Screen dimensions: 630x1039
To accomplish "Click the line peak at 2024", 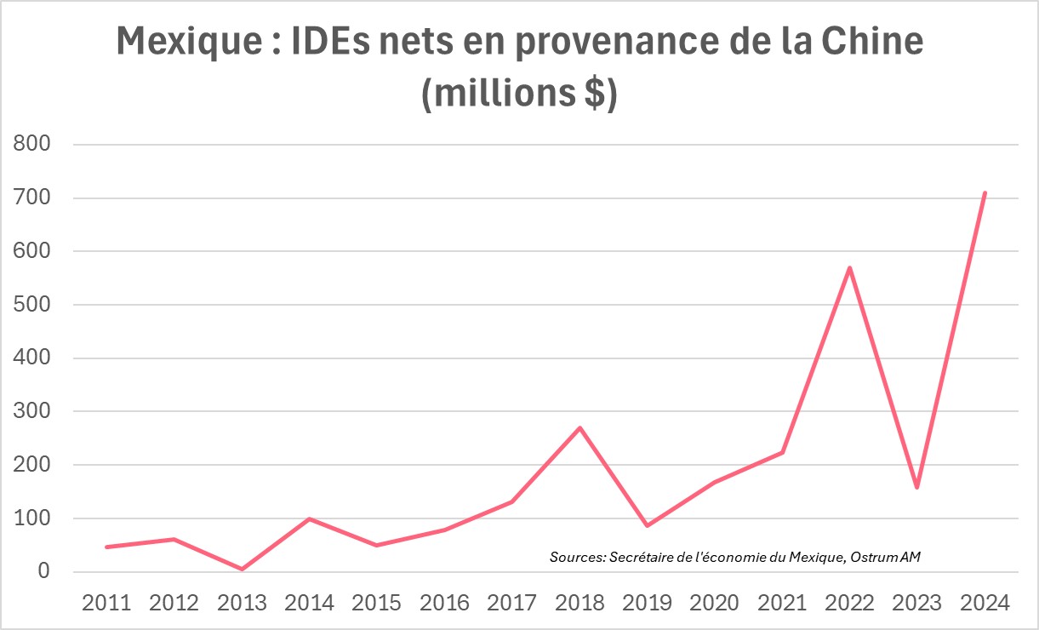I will point(985,193).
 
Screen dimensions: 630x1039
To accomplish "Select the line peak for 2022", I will point(849,268).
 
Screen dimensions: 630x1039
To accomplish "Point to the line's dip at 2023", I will point(916,487).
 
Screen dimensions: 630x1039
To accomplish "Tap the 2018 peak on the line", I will point(579,427).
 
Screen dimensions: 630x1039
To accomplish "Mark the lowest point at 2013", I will point(242,569).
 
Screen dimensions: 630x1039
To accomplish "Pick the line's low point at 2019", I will point(647,525).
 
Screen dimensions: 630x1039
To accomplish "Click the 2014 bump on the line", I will point(310,518).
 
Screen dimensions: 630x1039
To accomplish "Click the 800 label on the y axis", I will point(33,145).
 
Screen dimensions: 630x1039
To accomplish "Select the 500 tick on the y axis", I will point(33,305).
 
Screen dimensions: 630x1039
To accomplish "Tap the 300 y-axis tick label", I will point(33,412).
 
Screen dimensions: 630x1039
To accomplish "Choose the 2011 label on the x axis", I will point(106,603).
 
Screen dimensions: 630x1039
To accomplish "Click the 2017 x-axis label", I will point(512,603).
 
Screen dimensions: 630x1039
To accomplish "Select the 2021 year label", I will point(782,603).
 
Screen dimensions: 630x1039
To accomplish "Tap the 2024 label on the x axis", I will point(985,603).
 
